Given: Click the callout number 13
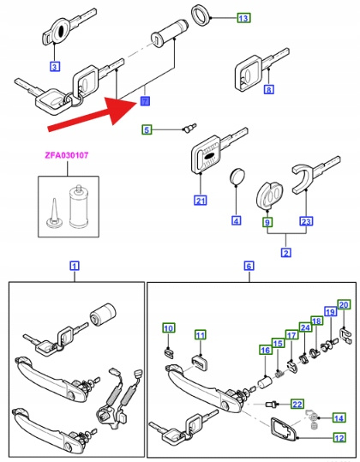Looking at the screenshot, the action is point(243,18).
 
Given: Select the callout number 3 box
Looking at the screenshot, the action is point(54,66).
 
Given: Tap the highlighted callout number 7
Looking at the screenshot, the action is point(145,101).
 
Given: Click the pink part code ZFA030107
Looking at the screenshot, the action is point(67,155).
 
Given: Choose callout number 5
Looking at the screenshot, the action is point(147,129).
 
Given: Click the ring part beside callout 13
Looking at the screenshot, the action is point(201,15).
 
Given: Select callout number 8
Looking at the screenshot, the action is point(268,89).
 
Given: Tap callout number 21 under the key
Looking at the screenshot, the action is point(201,201).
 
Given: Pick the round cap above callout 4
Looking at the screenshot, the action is point(237,177).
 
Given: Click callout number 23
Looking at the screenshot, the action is point(306,221).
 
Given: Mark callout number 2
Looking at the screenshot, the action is point(285,253).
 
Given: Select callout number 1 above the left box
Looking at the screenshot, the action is point(75,266).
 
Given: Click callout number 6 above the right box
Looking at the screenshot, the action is point(249,266).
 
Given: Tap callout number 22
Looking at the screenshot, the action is point(297,404).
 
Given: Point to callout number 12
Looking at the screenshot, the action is point(339,438).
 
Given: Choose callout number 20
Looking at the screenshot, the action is point(344,304).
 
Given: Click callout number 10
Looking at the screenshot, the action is point(169,328).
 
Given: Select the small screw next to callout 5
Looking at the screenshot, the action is point(189,129).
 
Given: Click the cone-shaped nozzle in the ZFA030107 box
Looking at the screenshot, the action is point(55,213).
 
